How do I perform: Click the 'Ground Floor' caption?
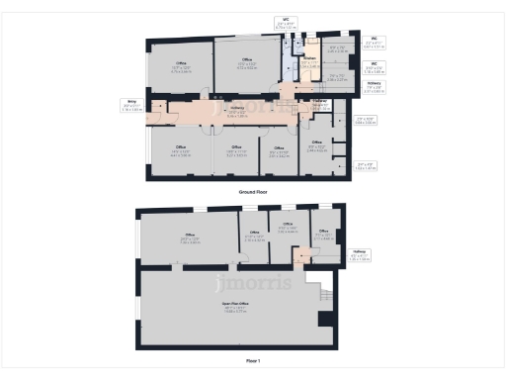253,191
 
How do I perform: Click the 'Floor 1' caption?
253,361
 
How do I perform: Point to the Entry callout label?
130,103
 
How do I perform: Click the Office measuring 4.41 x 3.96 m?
181,153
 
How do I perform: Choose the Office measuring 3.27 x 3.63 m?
236,153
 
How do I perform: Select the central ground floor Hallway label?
236,114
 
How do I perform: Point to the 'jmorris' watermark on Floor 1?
253,285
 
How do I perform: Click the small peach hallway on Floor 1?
300,257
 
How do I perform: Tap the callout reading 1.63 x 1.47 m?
366,166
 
